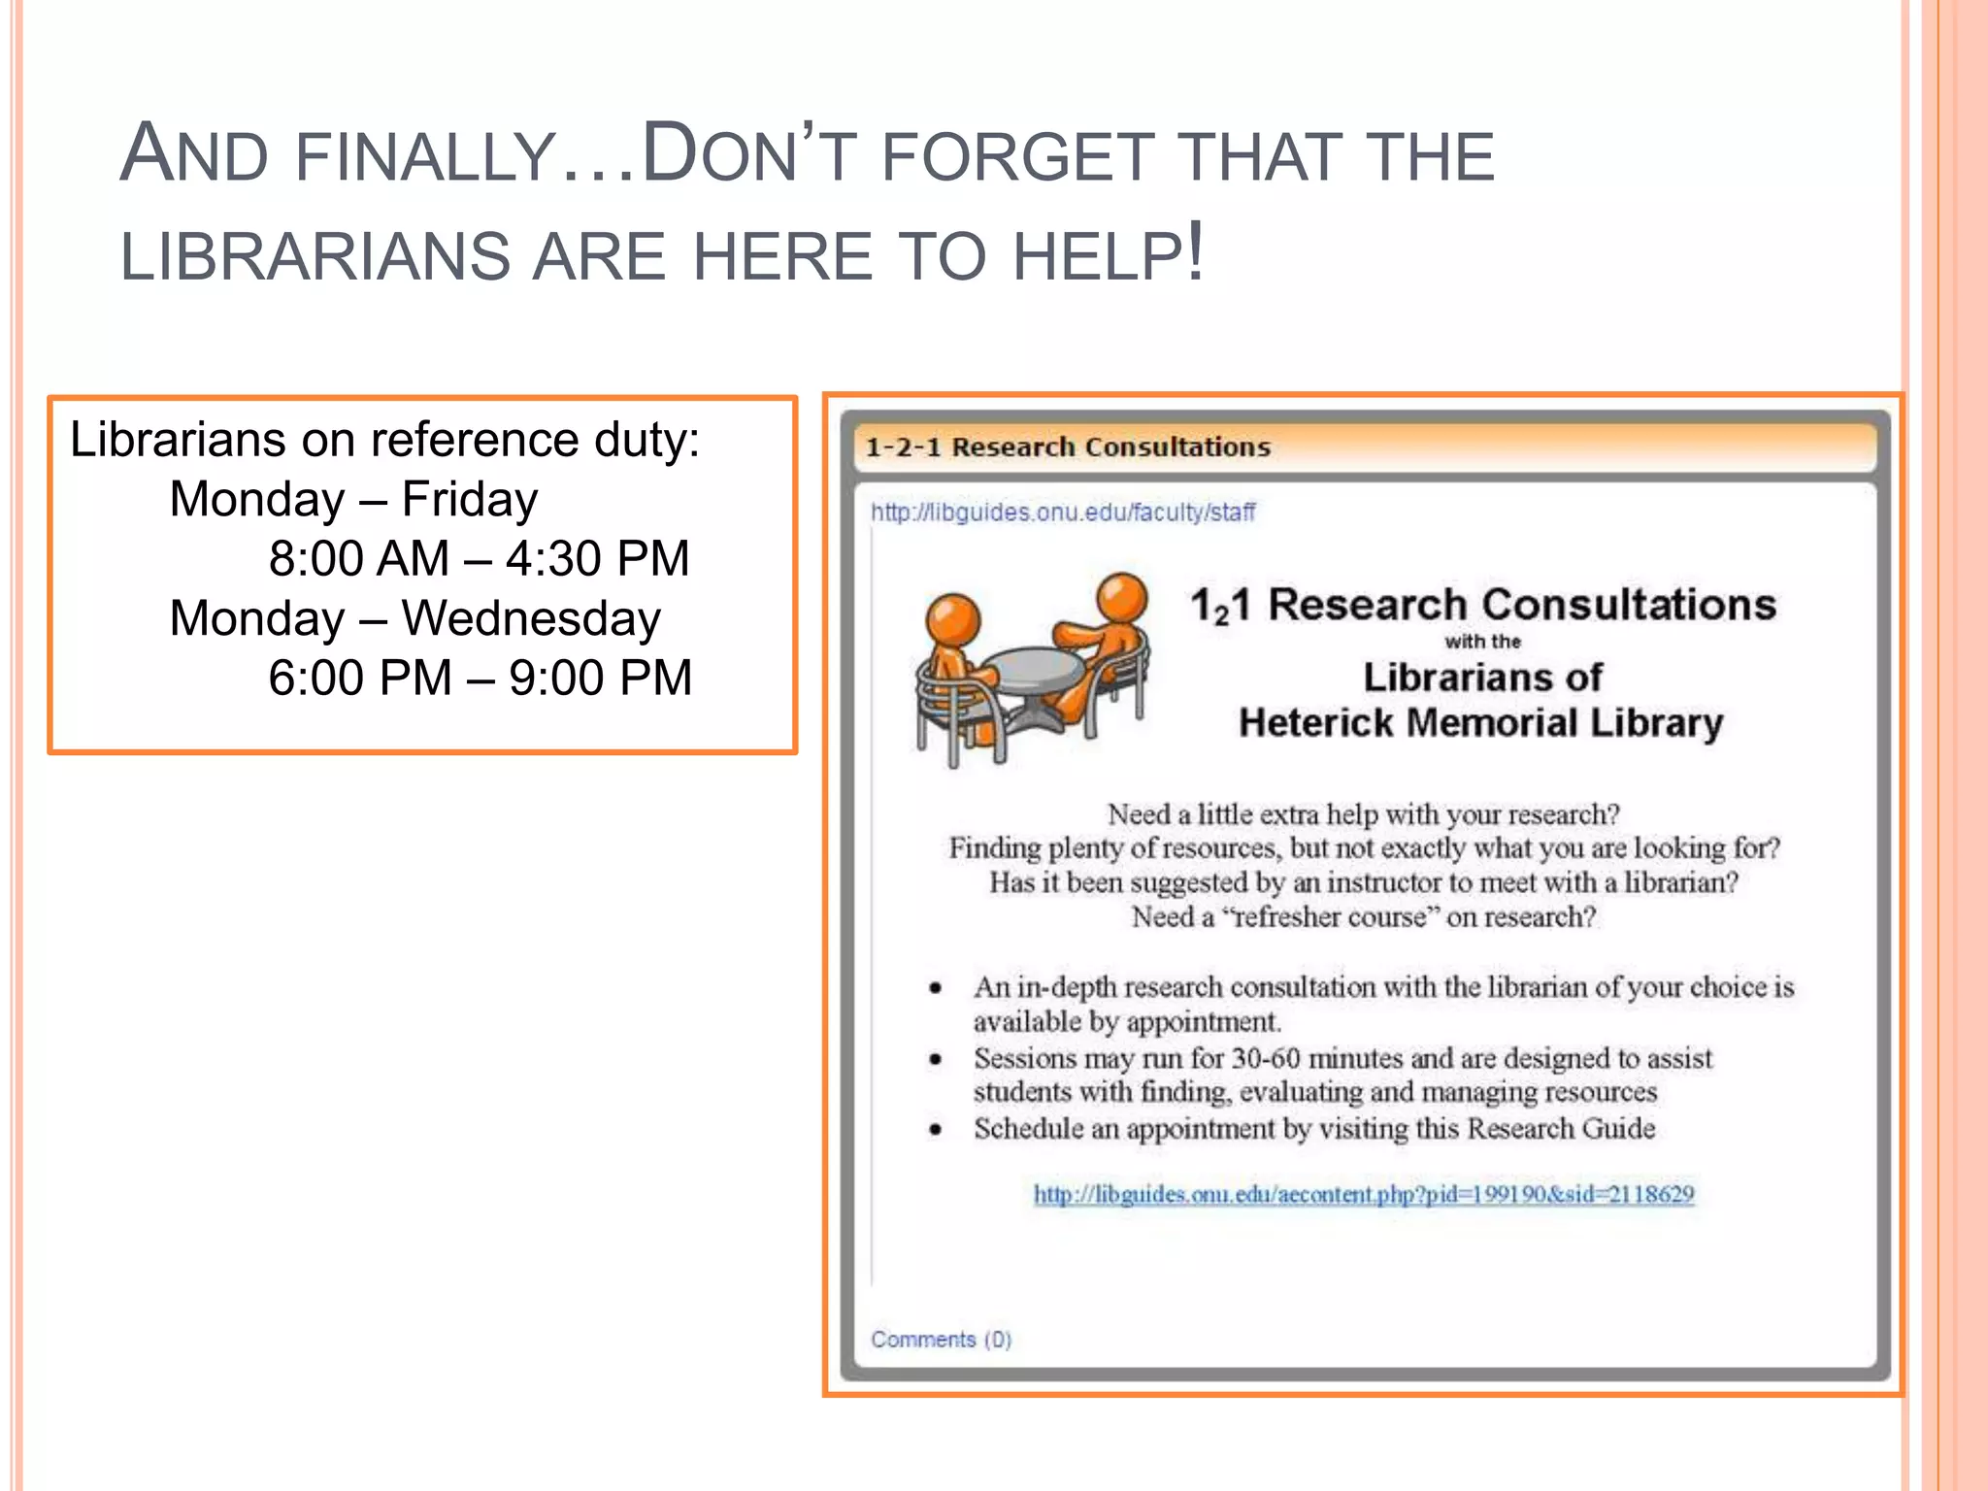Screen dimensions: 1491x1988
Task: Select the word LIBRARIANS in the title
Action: click(x=315, y=257)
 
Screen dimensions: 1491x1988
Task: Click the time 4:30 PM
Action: click(x=597, y=559)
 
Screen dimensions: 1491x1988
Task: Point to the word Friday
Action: click(x=470, y=500)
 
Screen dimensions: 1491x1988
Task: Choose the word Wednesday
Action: click(x=531, y=618)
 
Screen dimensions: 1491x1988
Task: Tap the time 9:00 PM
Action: click(x=600, y=678)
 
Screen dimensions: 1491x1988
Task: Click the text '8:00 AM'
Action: click(x=359, y=559)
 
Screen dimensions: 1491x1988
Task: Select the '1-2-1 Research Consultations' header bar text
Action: click(x=1068, y=447)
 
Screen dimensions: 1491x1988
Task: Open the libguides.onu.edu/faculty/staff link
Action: click(x=1063, y=513)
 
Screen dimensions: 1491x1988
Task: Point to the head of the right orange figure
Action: click(x=1121, y=596)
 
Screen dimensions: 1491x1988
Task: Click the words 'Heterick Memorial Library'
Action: click(x=1480, y=723)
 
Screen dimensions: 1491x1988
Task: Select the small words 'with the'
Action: click(x=1482, y=642)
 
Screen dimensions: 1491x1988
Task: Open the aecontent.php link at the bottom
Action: click(x=1364, y=1194)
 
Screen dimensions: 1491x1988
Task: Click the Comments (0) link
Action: click(x=941, y=1340)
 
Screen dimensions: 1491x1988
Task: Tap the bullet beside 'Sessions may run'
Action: click(x=935, y=1059)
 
